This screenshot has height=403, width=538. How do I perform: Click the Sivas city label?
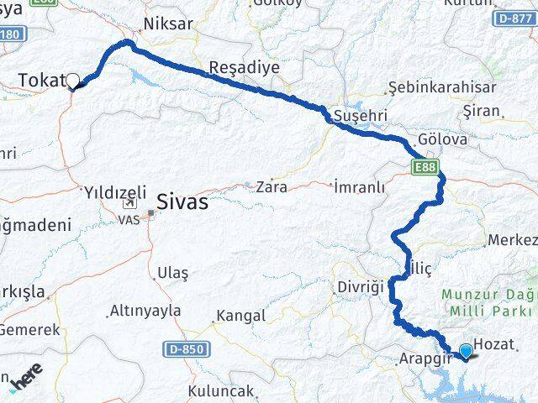tap(183, 202)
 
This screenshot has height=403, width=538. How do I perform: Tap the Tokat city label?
tap(41, 80)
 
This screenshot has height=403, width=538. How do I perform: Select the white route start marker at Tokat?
tap(72, 81)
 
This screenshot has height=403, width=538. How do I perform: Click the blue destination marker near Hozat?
tap(465, 351)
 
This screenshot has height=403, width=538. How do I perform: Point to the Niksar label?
tap(166, 24)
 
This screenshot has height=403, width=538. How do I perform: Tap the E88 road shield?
tap(425, 168)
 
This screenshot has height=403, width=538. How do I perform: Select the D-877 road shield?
tap(513, 17)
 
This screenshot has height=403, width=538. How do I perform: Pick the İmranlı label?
tap(359, 186)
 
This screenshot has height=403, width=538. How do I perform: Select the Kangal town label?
tap(240, 317)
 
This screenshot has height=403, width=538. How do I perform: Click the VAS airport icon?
tap(129, 203)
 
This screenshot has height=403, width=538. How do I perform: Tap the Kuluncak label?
tap(221, 391)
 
